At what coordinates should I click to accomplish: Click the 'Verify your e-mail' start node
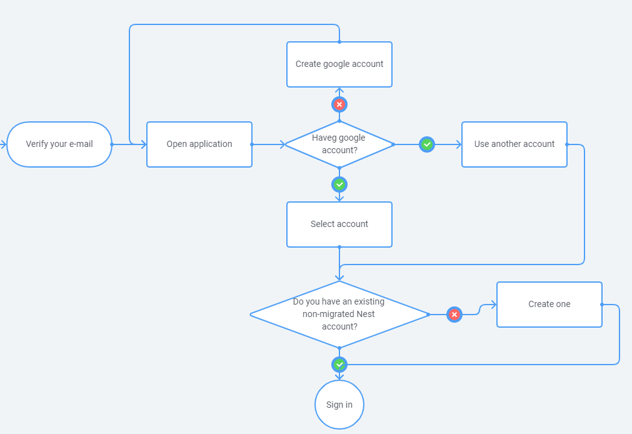click(x=59, y=144)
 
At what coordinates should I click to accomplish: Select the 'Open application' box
click(x=199, y=144)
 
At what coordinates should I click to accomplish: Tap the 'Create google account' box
click(x=339, y=64)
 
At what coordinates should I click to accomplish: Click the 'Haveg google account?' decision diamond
click(x=339, y=144)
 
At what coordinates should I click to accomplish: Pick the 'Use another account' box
click(x=514, y=144)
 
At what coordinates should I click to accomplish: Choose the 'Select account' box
click(x=339, y=225)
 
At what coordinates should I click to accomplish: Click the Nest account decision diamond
click(x=339, y=314)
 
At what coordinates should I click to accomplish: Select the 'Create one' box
click(x=549, y=305)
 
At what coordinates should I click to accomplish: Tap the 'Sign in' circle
click(x=339, y=405)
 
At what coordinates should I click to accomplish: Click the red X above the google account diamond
click(x=339, y=104)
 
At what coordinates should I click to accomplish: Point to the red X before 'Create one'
click(x=454, y=314)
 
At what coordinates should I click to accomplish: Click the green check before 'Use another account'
click(x=427, y=144)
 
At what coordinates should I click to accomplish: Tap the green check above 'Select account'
click(x=339, y=184)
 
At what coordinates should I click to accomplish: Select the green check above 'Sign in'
click(x=339, y=365)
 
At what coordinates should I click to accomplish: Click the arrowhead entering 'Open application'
click(x=144, y=144)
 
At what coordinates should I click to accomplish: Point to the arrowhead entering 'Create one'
click(x=494, y=305)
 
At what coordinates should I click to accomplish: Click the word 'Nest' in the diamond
click(x=366, y=314)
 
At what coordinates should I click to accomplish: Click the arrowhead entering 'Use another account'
click(x=459, y=144)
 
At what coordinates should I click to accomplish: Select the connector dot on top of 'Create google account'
click(x=339, y=41)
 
